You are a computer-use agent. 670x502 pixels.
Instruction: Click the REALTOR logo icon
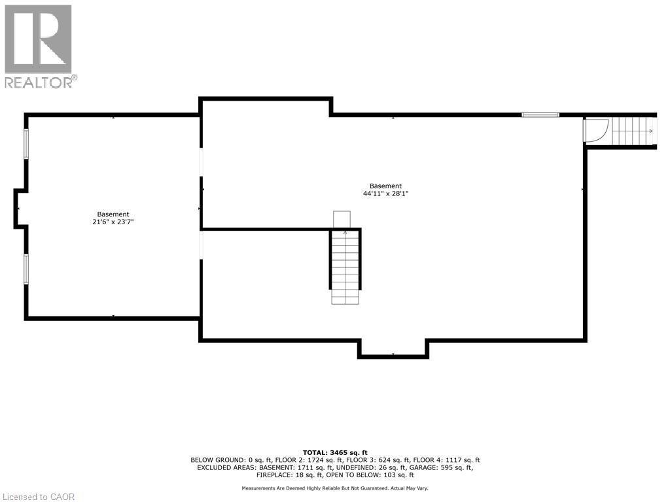click(x=38, y=39)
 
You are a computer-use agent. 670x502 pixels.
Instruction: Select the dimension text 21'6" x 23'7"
click(x=113, y=222)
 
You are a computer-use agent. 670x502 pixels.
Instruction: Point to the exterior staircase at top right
click(x=632, y=131)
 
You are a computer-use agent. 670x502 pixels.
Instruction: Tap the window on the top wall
click(x=540, y=115)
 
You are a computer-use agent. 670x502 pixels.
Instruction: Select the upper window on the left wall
click(x=26, y=143)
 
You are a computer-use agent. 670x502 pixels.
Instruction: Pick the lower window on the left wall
click(x=26, y=269)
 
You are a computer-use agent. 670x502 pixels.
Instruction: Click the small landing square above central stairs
click(x=342, y=220)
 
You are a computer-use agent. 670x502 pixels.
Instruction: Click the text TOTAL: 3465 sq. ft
click(x=335, y=452)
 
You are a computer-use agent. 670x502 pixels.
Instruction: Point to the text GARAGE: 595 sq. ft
click(x=444, y=467)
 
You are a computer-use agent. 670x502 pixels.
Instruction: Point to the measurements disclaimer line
click(x=335, y=488)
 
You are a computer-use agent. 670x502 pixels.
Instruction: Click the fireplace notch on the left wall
click(x=20, y=209)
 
